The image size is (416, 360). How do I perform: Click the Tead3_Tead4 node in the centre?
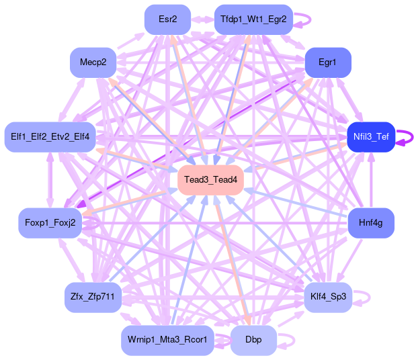[210, 179]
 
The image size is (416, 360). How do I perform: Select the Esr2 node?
[168, 19]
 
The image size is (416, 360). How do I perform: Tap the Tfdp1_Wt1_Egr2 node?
[253, 19]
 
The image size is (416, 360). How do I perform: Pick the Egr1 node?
[327, 62]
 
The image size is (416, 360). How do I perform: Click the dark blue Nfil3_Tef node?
[370, 137]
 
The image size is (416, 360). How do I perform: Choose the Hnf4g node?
[370, 223]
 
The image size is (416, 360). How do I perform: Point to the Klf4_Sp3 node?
[328, 296]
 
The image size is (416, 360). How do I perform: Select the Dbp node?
[253, 340]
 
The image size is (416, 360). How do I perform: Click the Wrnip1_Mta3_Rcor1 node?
[168, 340]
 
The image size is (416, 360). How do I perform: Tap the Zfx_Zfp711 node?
[93, 296]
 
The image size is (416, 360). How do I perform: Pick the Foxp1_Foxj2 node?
[50, 223]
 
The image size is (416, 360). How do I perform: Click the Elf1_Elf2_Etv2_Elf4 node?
[50, 137]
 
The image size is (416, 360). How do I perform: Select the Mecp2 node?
[93, 62]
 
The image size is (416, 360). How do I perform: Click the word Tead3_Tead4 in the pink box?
[210, 179]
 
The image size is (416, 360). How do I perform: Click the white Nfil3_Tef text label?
[370, 137]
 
